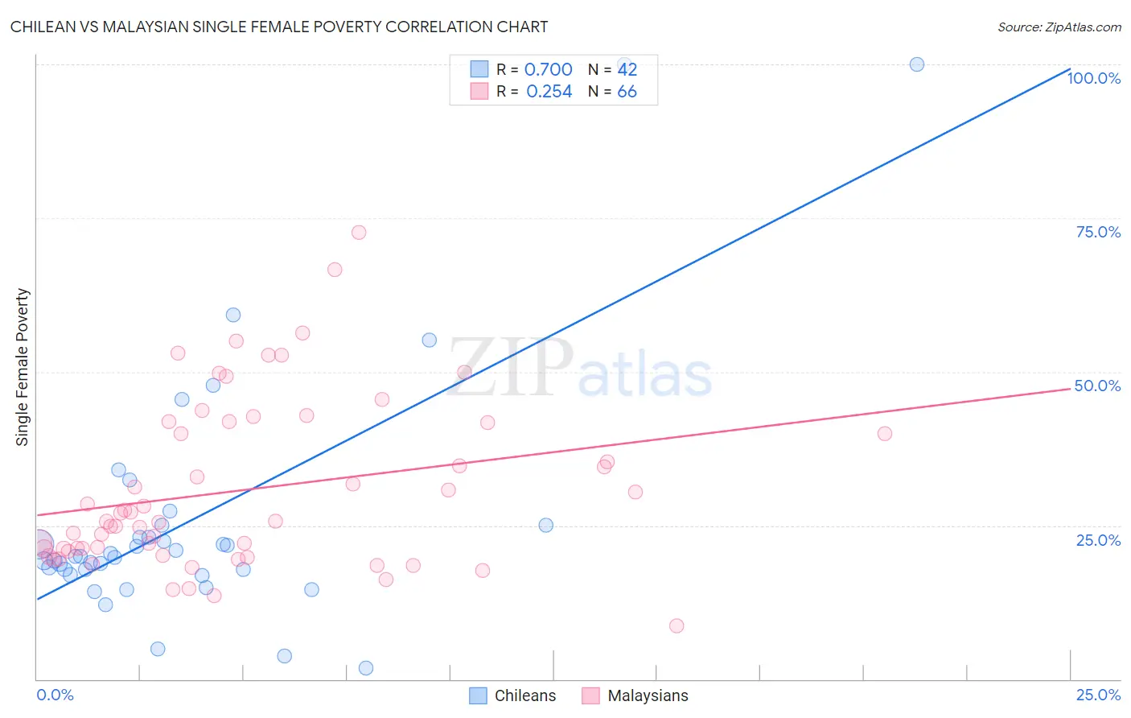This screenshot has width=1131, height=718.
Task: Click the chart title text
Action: coord(279,27)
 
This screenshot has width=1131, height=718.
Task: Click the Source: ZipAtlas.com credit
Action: coord(1059,27)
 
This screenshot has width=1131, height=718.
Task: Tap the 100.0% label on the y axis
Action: coord(1093,78)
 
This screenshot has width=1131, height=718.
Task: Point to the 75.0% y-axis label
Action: coord(1098,232)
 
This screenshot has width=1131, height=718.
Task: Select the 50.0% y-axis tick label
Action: coord(1097,386)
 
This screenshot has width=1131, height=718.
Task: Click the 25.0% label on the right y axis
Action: coord(1098,539)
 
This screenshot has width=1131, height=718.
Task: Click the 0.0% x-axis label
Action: coord(55,695)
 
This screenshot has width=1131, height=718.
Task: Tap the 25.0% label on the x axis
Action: coord(1098,695)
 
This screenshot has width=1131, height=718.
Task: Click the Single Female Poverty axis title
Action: coord(23,367)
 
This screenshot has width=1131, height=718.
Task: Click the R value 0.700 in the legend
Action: coord(548,69)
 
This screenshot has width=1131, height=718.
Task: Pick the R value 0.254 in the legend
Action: coord(549,91)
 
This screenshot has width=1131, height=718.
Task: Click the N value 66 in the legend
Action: coord(627,91)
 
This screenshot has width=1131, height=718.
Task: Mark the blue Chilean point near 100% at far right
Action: coord(916,64)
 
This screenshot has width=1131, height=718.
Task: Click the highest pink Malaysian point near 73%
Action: coord(359,233)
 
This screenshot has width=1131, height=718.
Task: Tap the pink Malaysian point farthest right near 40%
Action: coord(885,434)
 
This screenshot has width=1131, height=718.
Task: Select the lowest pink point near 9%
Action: coord(677,626)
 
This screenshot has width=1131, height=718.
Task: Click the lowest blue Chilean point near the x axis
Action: coord(366,668)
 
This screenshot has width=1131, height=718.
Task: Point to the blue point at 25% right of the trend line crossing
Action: coord(545,526)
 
